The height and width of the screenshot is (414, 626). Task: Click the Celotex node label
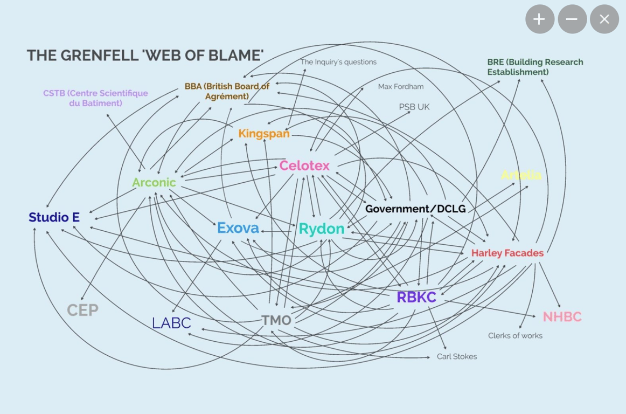tap(304, 165)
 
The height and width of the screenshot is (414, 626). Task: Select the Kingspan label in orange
tap(264, 133)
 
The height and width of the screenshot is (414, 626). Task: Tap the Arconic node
tap(154, 182)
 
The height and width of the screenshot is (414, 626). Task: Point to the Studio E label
tap(54, 217)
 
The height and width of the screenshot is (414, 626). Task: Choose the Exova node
tap(238, 228)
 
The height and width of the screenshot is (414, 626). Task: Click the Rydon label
tap(322, 229)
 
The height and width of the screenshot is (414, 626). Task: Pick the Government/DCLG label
tap(415, 209)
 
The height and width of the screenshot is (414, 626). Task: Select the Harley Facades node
tap(507, 253)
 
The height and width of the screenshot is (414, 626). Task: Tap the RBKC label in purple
tap(416, 297)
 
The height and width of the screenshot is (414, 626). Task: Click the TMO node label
tap(276, 320)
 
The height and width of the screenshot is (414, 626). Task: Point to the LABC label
tap(171, 323)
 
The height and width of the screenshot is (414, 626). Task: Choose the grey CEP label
tap(82, 310)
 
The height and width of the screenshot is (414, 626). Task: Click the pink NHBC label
tap(562, 317)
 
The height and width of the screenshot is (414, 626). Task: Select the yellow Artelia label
tap(521, 175)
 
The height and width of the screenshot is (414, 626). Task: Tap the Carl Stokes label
tap(457, 356)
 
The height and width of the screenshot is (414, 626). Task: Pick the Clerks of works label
tap(515, 335)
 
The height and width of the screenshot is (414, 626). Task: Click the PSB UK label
tap(414, 107)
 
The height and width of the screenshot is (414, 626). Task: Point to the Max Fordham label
tap(401, 86)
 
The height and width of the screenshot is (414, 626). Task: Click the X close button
tap(604, 19)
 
